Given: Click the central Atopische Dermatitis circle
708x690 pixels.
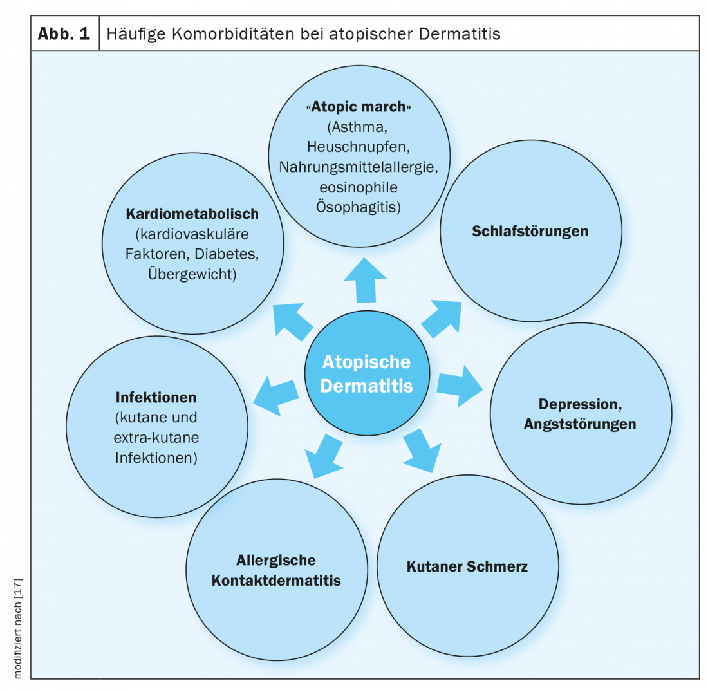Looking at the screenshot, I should (x=366, y=373).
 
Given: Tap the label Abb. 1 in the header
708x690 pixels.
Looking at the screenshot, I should (x=64, y=34).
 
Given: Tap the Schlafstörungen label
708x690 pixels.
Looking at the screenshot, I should (x=530, y=230).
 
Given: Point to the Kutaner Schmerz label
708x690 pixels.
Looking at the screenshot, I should (x=467, y=567).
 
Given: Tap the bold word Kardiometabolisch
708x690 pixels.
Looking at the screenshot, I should (x=192, y=213).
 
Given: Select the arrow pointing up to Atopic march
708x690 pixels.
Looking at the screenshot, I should (x=364, y=279).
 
